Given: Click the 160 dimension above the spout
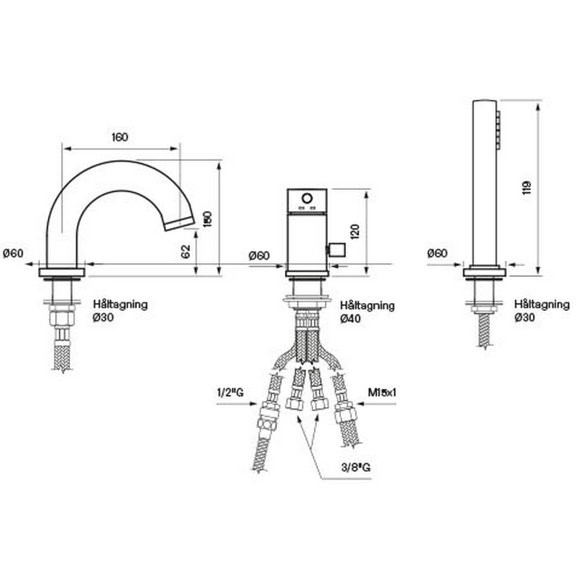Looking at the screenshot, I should coord(120,137).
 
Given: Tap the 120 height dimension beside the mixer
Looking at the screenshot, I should coord(355,232).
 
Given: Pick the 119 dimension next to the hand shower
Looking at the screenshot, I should coord(527,186).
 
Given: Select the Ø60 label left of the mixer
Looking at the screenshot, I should coord(259,255).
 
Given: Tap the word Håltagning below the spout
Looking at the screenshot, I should coord(121,304).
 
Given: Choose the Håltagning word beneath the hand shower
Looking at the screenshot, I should coord(542,304).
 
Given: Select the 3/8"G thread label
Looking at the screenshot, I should coord(357,468).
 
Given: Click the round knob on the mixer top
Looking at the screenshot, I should coord(307,199).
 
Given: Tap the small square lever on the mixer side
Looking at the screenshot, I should coord(336,250).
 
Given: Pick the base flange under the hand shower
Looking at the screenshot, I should coord(484,273).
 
